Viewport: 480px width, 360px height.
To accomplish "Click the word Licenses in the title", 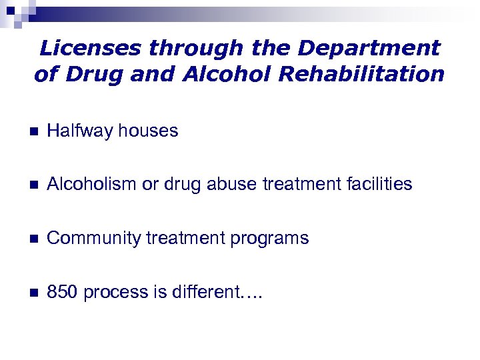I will coord(91,48).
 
